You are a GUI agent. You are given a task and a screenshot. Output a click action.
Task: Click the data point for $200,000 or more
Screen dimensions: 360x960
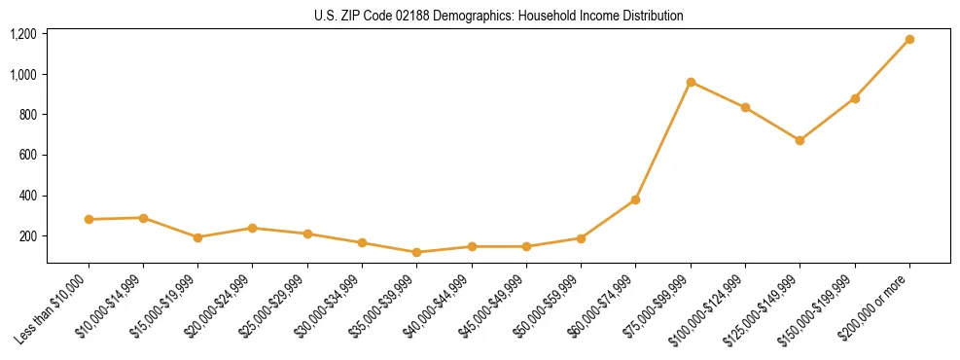909,40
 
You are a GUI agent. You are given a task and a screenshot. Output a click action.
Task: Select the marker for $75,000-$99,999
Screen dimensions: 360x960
691,82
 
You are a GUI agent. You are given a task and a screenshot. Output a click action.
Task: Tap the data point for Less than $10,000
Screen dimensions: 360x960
89,220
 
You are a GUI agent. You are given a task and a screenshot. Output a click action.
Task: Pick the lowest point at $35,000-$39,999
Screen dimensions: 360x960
417,252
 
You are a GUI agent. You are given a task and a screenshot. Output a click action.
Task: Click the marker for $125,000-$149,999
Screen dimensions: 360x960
800,140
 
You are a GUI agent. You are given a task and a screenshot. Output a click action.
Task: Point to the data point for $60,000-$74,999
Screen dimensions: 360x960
636,199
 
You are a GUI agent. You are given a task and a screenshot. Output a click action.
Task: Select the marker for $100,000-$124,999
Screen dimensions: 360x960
745,107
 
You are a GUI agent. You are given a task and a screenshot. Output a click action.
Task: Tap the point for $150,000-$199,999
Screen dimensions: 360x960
855,98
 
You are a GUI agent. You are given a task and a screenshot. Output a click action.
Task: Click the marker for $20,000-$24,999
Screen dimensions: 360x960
253,228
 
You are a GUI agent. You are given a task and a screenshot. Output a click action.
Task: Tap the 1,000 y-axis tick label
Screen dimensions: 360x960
23,75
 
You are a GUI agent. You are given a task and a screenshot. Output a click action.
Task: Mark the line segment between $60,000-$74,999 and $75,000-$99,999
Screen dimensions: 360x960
663,141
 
